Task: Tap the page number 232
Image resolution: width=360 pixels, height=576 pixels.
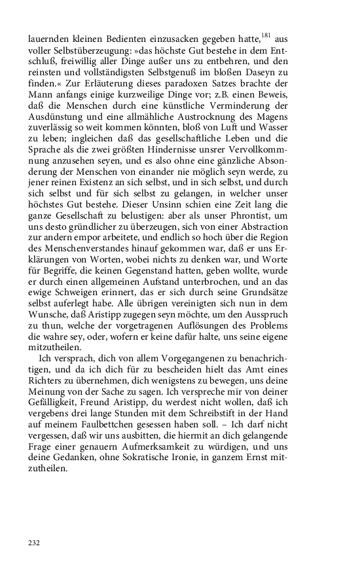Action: pos(35,543)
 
